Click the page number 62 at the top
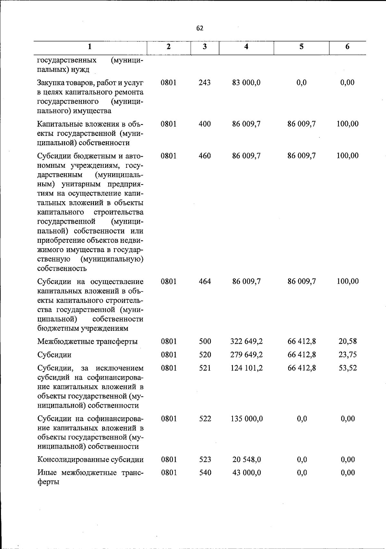tap(200, 28)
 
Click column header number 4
tap(246, 47)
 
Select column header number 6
tap(347, 47)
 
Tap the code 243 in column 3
tap(205, 83)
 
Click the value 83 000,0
tap(246, 83)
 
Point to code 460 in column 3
tap(205, 156)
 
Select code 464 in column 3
tap(205, 281)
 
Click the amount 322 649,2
tap(246, 341)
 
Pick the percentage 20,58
tap(348, 341)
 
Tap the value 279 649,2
tap(246, 355)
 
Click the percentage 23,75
tap(348, 355)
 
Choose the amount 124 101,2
tap(246, 368)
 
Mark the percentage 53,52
tap(348, 368)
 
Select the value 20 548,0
tap(246, 459)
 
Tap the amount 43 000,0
tap(246, 473)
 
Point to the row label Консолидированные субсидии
tap(90, 460)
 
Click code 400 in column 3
tap(205, 124)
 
